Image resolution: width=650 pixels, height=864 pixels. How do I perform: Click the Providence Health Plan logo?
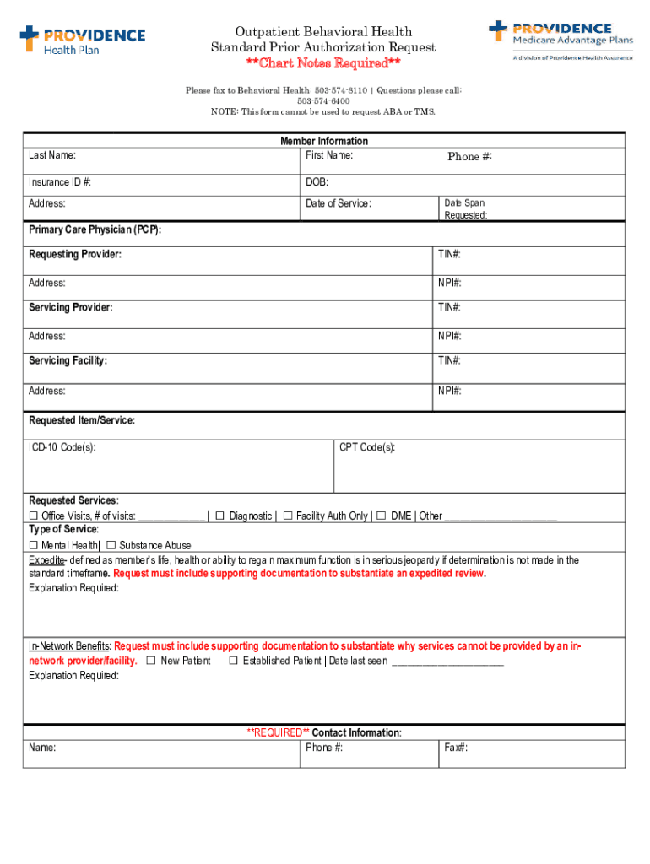[x=82, y=39]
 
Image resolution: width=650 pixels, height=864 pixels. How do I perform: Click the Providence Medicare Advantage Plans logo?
[x=561, y=40]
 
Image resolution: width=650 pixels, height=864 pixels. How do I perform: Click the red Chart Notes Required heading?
[x=323, y=64]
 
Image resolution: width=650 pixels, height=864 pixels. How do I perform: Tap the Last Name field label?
[x=52, y=156]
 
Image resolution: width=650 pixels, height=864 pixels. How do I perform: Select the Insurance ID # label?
[x=60, y=182]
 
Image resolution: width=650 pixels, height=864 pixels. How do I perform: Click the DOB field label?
[x=317, y=182]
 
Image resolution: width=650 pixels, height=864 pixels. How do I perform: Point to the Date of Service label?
[x=339, y=204]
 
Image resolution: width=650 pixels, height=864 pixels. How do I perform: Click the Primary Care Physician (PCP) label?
[x=95, y=230]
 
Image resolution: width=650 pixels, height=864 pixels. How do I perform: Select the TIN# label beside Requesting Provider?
[x=449, y=254]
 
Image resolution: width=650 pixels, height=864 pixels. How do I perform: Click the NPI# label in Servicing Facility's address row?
[x=450, y=391]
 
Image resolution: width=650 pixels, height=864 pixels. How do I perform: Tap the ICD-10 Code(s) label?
[x=62, y=448]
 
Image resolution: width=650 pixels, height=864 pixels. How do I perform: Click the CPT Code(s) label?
[x=367, y=448]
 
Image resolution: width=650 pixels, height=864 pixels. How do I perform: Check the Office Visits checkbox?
[x=34, y=516]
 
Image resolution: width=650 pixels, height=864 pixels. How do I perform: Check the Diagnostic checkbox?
[x=219, y=516]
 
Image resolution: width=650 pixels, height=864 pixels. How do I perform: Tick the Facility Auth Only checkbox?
[x=288, y=516]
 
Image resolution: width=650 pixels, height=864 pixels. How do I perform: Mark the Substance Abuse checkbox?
[x=111, y=545]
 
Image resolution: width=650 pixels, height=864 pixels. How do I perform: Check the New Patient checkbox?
[x=151, y=661]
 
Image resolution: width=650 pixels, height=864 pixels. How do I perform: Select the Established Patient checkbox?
[x=234, y=661]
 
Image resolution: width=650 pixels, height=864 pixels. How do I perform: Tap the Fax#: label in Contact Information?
[x=456, y=748]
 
